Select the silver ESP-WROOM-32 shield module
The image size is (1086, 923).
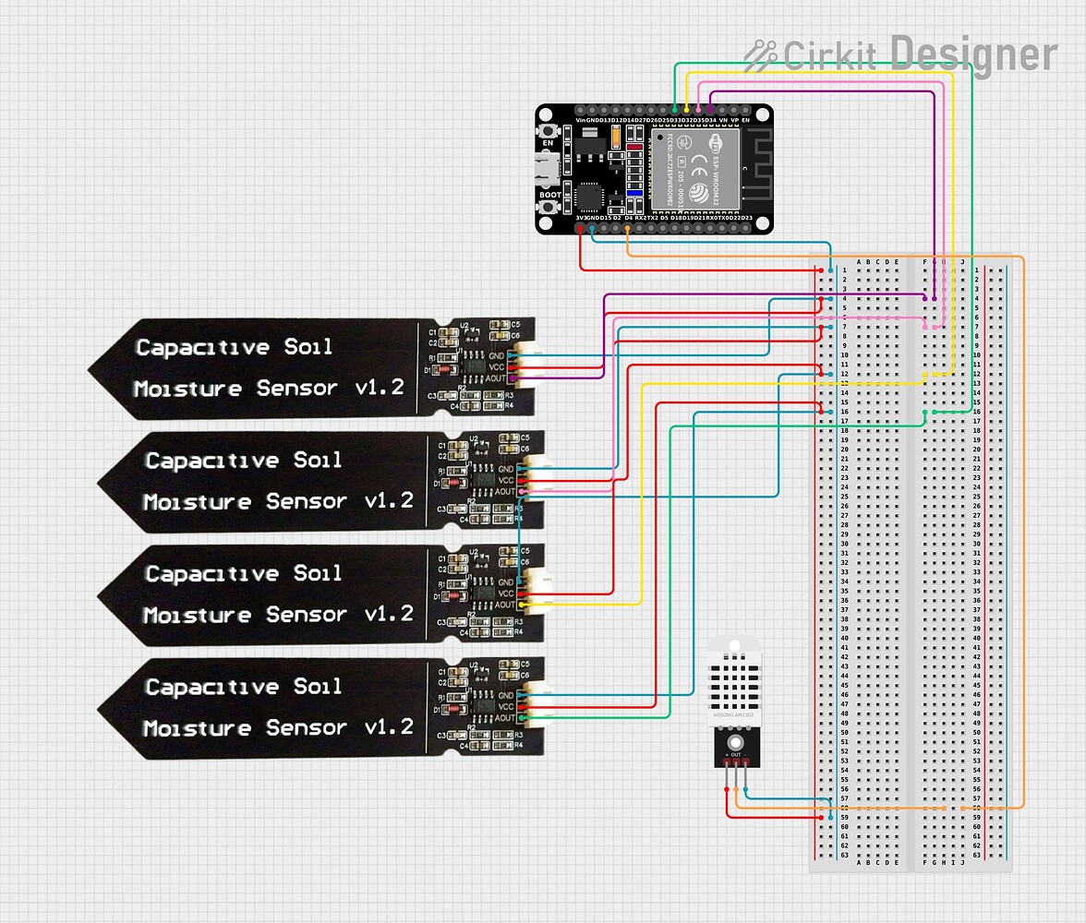click(695, 167)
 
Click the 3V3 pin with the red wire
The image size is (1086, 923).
click(580, 227)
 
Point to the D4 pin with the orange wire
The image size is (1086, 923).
click(628, 227)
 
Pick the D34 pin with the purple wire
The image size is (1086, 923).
click(710, 110)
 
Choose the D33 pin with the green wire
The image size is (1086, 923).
click(675, 110)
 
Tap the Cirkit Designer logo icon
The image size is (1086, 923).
click(761, 54)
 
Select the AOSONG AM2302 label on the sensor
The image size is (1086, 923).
click(735, 715)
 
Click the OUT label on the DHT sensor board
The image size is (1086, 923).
click(735, 755)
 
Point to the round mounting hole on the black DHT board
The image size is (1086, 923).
click(735, 741)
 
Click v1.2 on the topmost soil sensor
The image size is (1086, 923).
click(380, 388)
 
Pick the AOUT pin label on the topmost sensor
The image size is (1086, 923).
click(497, 378)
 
